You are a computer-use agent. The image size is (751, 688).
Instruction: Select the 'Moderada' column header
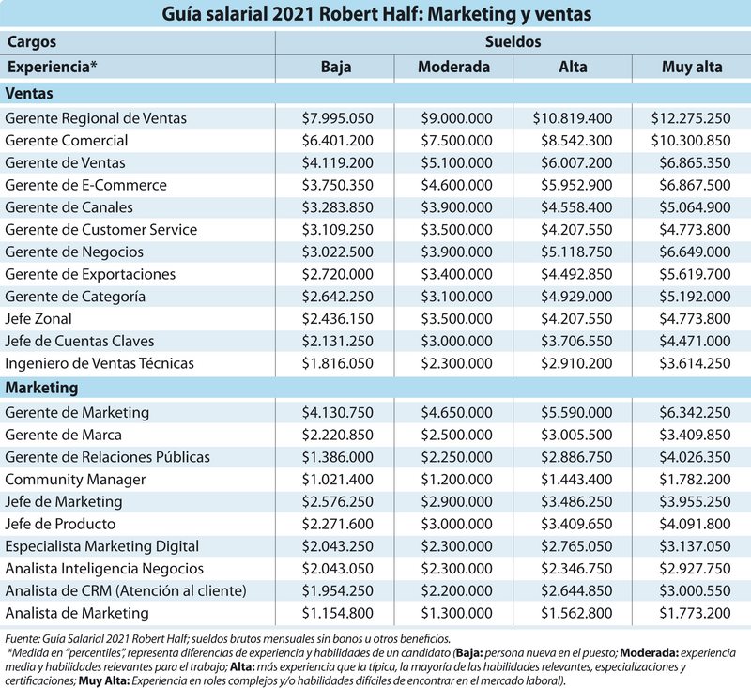pyautogui.click(x=454, y=67)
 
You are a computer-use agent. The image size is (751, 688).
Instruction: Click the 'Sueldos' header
pyautogui.click(x=513, y=42)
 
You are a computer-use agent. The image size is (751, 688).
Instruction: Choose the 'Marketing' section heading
pyautogui.click(x=41, y=388)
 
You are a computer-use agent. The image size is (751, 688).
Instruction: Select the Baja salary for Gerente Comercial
pyautogui.click(x=334, y=141)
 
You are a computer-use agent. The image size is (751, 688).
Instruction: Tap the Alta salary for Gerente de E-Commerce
pyautogui.click(x=573, y=186)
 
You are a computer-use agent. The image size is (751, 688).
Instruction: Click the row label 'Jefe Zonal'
pyautogui.click(x=38, y=319)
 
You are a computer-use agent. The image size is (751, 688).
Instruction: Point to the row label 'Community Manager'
pyautogui.click(x=75, y=479)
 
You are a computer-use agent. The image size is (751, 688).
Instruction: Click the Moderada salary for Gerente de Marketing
pyautogui.click(x=455, y=412)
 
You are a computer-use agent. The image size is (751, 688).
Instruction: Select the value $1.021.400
pyautogui.click(x=334, y=479)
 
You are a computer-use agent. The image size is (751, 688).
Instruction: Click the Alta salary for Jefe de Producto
pyautogui.click(x=573, y=524)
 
